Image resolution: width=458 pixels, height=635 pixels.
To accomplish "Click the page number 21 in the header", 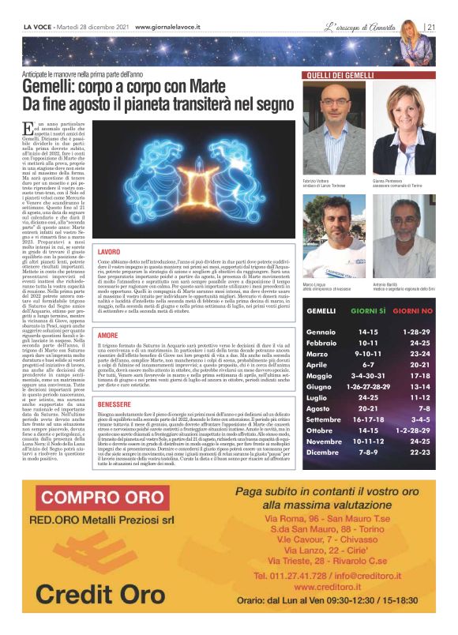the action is pyautogui.click(x=432, y=26).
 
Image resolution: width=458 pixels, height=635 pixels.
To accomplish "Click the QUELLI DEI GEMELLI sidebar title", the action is pyautogui.click(x=339, y=75).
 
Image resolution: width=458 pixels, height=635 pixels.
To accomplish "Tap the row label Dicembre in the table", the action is pyautogui.click(x=324, y=453).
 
